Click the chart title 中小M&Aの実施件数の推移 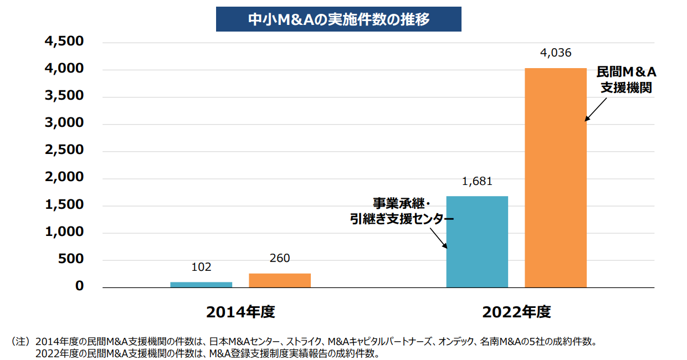coord(338,19)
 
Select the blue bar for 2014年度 coord(201,284)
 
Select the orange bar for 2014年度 coord(280,280)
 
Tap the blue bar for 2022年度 coord(477,241)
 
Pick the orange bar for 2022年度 coord(556,177)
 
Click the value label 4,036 coord(555,53)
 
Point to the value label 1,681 coord(476,181)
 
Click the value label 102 coord(201,267)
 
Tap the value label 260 coord(280,258)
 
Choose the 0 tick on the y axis coord(79,286)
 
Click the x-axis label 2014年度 coord(240,312)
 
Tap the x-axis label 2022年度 coord(516,312)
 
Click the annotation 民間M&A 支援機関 coord(626,80)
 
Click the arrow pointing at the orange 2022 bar coord(597,110)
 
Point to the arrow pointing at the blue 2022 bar coord(437,239)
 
